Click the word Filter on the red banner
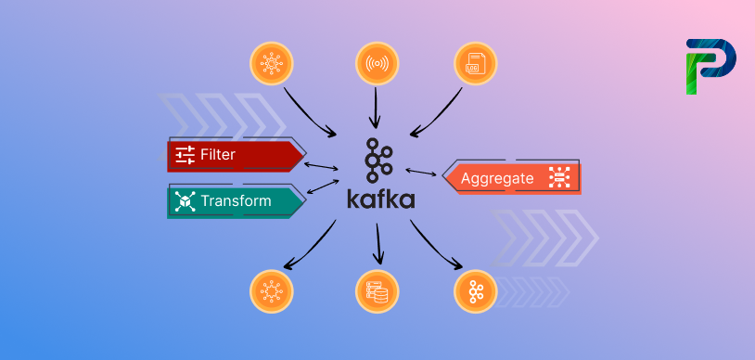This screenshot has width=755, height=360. [218, 154]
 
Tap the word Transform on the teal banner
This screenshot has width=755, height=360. [236, 200]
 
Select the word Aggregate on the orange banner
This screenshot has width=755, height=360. [497, 178]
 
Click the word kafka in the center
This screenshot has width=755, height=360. [380, 199]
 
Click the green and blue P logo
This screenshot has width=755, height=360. [710, 65]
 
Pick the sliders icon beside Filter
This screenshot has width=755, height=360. [185, 154]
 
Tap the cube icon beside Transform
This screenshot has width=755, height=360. [185, 200]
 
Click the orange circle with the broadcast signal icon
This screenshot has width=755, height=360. [377, 65]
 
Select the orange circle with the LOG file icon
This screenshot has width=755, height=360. [476, 65]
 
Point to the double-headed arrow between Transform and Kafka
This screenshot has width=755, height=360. [322, 186]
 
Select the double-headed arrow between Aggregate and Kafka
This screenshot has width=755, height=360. [421, 174]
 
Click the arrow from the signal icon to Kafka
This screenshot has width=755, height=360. [376, 107]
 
